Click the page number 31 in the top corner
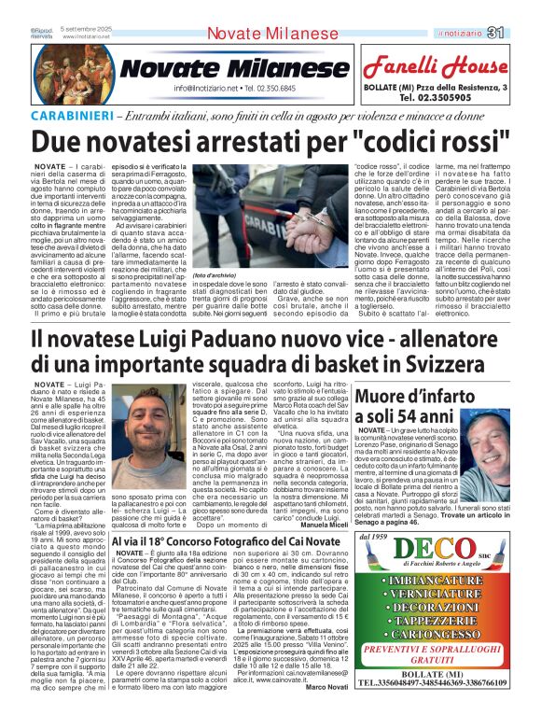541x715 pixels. point(522,34)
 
